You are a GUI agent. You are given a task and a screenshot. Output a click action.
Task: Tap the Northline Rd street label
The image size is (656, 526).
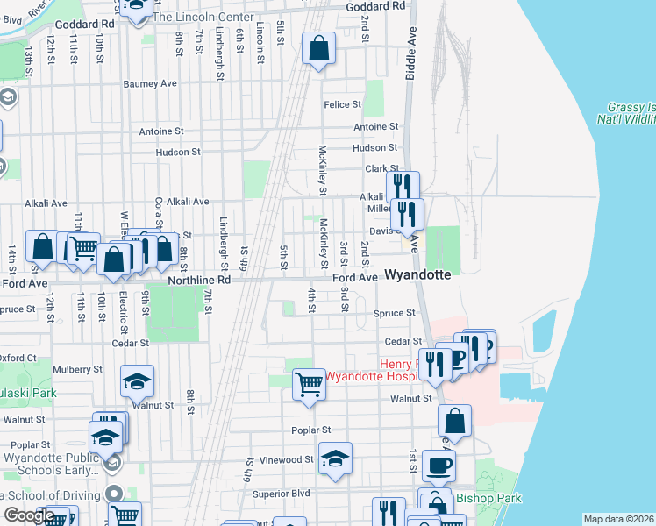pos(199,280)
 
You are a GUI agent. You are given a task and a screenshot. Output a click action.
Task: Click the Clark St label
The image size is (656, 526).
pos(382,168)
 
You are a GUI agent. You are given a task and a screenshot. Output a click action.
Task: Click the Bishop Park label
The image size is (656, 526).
pos(488,498)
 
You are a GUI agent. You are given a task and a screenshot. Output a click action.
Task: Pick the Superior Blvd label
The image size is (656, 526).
pos(281,493)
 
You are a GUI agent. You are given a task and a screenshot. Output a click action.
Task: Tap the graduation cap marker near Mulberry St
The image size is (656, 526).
pos(137,381)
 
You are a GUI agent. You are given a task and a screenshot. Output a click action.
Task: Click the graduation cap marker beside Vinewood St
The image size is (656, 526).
pos(335,459)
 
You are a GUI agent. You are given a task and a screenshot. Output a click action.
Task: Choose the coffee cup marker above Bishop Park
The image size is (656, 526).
pos(439,466)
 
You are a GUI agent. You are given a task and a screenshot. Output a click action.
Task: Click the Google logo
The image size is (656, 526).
pos(29,515)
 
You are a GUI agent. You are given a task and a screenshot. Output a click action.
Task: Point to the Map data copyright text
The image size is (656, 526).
pos(618,519)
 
